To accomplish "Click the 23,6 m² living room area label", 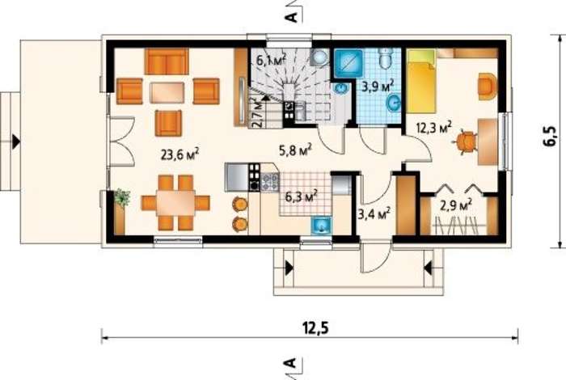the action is [180, 154].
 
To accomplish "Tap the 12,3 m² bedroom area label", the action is [434, 128].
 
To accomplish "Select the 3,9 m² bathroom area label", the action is [378, 87].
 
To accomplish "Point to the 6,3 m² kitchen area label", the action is [302, 196].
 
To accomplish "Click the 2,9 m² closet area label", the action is [456, 205].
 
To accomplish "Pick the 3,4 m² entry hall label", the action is [374, 214].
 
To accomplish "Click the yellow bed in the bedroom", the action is [421, 81].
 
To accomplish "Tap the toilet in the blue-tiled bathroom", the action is [386, 58].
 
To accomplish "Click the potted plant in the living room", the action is [122, 197].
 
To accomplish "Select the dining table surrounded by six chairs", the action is [175, 203].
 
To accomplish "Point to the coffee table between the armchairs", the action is [167, 92].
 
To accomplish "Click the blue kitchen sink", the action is [321, 226].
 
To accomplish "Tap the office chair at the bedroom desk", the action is [464, 141].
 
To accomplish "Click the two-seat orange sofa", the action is [167, 61].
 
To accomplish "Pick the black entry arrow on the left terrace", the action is [16, 141].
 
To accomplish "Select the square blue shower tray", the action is [348, 63].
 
